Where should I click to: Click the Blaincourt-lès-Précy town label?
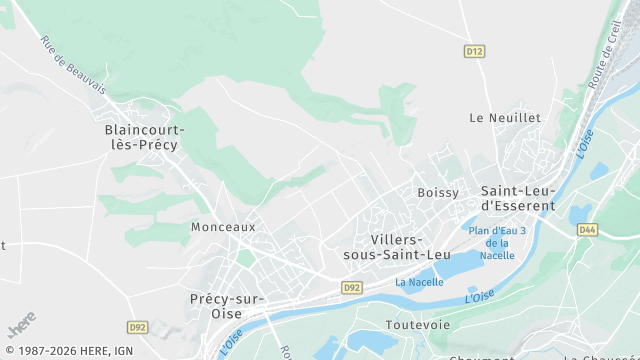tap(141, 137)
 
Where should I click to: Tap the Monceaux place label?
tap(223, 227)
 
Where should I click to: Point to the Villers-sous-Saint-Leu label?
tap(397, 248)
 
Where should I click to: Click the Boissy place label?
tap(438, 192)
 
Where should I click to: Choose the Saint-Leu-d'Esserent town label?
tap(517, 198)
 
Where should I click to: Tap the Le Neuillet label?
tap(505, 117)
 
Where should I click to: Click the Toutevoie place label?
tap(418, 325)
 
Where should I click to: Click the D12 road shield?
tap(474, 50)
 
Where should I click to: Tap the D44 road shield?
tap(587, 230)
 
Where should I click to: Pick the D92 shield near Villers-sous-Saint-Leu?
tap(351, 287)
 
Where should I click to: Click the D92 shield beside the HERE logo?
tap(138, 327)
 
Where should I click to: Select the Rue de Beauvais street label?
tap(73, 65)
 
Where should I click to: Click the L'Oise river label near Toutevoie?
tap(479, 297)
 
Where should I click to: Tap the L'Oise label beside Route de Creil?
tap(584, 143)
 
